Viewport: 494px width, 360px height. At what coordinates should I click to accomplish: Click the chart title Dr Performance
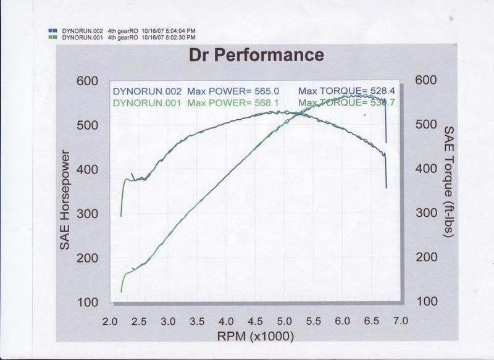pos(256,55)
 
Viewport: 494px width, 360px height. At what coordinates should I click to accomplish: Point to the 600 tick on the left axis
pos(87,81)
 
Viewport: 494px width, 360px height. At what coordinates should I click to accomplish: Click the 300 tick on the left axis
pos(87,214)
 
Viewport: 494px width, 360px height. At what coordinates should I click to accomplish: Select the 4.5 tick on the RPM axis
pos(254,322)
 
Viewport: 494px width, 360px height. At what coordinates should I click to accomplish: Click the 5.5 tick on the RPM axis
pos(313,322)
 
